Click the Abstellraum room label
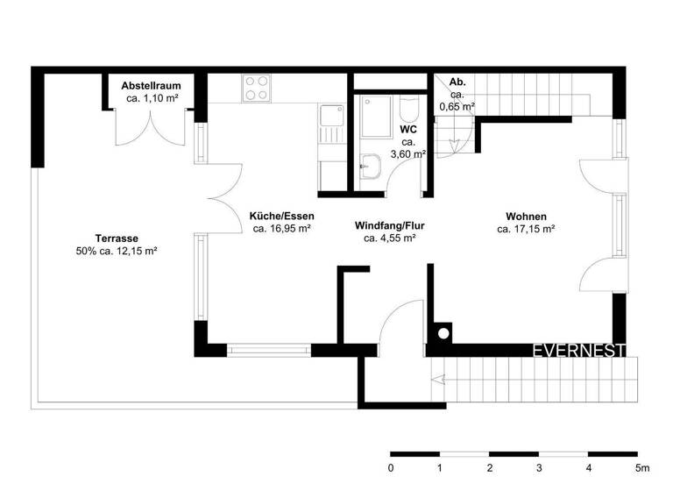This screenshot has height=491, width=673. [151, 85]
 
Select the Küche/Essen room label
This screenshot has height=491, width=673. [281, 216]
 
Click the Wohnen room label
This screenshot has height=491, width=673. [526, 217]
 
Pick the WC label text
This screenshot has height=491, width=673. [408, 129]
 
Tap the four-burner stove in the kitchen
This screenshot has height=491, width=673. [256, 88]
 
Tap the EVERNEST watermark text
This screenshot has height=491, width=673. [579, 351]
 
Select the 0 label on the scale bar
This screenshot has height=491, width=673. [391, 467]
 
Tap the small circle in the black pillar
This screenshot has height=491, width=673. [443, 333]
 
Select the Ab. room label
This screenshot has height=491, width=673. [457, 82]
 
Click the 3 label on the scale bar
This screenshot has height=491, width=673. [540, 467]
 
